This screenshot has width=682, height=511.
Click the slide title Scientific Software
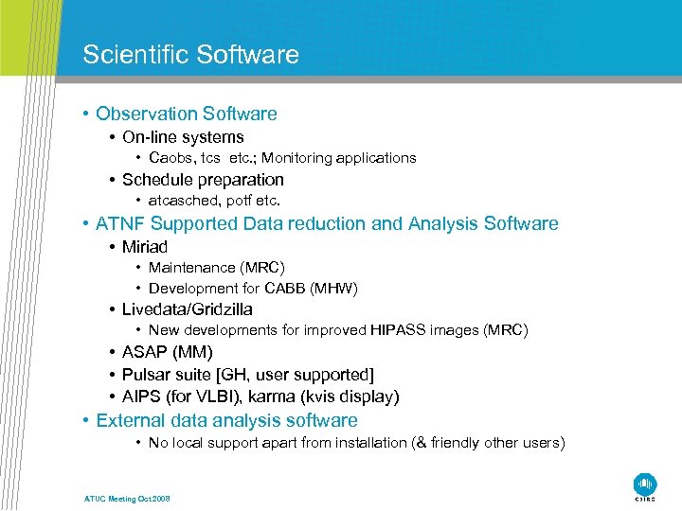(x=190, y=54)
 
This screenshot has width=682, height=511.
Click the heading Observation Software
(x=186, y=114)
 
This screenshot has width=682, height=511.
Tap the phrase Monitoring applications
(x=339, y=158)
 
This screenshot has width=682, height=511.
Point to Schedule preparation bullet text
(x=203, y=180)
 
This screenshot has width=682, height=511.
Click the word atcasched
(x=179, y=201)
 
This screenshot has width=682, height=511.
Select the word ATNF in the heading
(x=120, y=224)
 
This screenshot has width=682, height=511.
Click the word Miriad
(x=145, y=247)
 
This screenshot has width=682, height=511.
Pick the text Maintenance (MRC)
(x=216, y=268)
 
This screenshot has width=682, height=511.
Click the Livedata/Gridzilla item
(x=188, y=309)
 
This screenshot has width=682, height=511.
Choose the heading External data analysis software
(x=226, y=420)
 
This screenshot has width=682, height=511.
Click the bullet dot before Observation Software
(x=86, y=115)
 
